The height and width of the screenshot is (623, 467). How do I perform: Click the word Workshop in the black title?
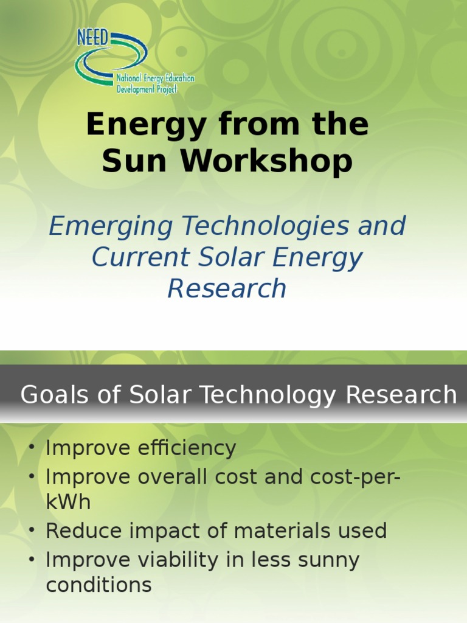(x=266, y=161)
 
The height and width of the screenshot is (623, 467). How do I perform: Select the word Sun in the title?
(x=136, y=161)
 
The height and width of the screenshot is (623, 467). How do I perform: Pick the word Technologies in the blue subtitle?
(x=265, y=227)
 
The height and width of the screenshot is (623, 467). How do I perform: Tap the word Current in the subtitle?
(x=136, y=257)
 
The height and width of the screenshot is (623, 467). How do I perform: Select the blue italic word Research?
(x=227, y=288)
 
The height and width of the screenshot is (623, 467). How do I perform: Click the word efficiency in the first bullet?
(x=187, y=449)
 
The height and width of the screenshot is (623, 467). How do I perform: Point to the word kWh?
(x=68, y=503)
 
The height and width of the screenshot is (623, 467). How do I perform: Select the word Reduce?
(x=81, y=531)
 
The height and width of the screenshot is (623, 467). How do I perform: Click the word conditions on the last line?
(x=99, y=585)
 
